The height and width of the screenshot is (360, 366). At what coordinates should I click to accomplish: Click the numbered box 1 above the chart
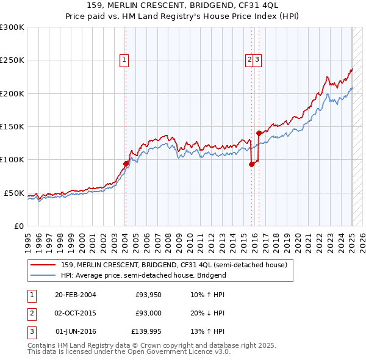124,60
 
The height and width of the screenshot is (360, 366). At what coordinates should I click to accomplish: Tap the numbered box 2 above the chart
249,60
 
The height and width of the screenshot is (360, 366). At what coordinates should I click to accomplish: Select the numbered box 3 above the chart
258,60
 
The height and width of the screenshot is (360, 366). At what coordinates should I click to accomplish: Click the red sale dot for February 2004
126,164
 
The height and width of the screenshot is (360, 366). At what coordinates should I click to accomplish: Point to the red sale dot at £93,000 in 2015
251,164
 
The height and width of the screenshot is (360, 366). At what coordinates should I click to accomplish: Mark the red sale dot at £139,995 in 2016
259,133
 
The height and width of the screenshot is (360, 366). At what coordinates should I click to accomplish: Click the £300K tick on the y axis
12,27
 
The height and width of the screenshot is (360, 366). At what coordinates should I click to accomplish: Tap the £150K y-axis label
12,127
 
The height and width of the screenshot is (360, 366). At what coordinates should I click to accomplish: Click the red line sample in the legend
43,265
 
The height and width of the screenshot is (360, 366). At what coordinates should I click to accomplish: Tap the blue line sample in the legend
43,275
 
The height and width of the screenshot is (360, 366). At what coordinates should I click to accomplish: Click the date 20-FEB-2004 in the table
76,295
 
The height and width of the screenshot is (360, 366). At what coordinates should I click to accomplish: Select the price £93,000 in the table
148,313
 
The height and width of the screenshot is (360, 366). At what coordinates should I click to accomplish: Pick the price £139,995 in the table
146,331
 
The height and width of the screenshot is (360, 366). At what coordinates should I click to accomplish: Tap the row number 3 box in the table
31,331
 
